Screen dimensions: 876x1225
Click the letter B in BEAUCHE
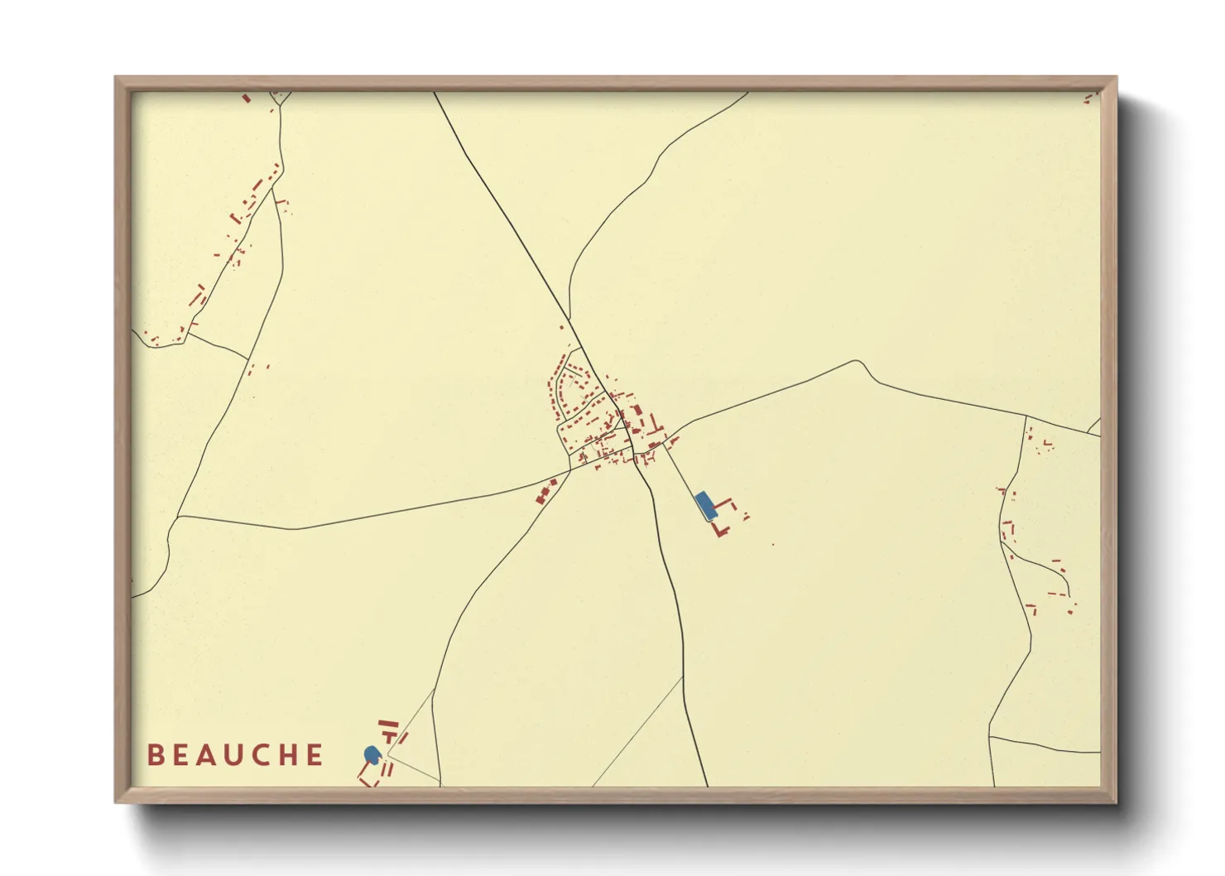[155, 755]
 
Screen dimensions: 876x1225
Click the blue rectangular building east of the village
[704, 504]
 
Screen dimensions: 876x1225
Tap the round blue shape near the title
[372, 754]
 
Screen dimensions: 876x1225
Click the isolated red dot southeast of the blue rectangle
[773, 544]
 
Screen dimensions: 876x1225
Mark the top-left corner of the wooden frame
[116, 78]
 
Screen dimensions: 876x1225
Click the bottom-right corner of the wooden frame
[1116, 801]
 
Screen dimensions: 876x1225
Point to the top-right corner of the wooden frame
[1116, 78]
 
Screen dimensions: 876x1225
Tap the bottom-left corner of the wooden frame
[116, 801]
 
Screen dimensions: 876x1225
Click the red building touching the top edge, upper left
[246, 98]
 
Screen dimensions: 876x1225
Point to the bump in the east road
[861, 364]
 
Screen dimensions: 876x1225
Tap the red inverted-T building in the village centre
[656, 427]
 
